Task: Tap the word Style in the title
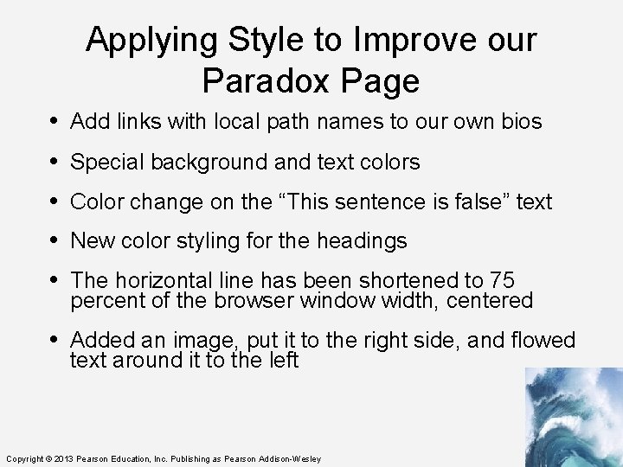click(x=261, y=40)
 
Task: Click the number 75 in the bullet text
click(x=502, y=281)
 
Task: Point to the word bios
click(x=522, y=122)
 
